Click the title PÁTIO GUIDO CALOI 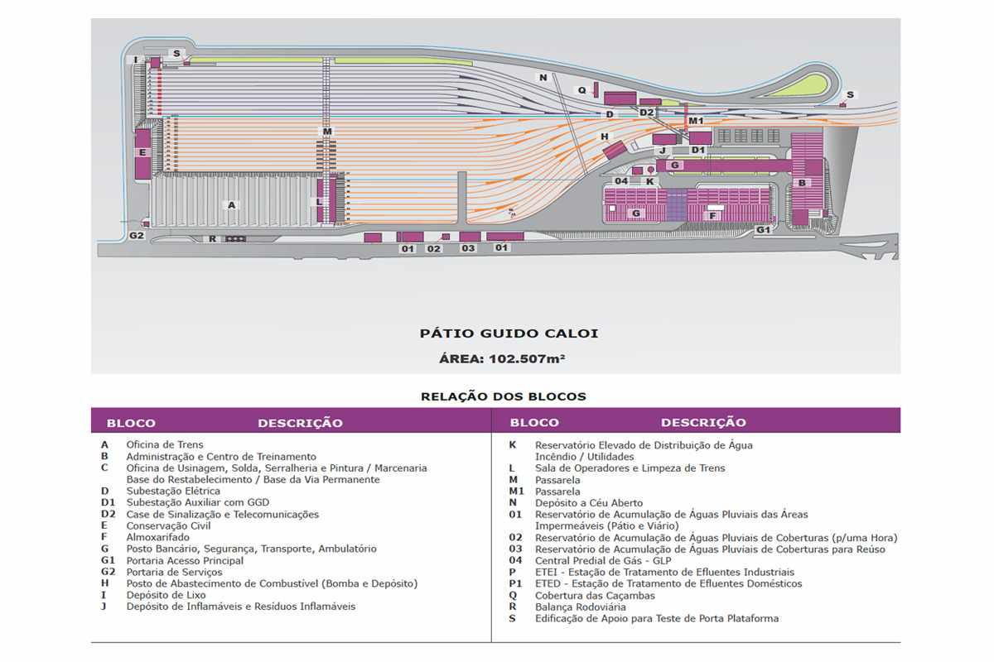pos(509,333)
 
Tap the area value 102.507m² pos(527,358)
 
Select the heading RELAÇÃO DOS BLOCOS pos(504,396)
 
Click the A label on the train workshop pos(232,205)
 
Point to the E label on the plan pos(142,152)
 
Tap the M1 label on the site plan pos(696,121)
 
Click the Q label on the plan pos(581,90)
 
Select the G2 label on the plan pos(136,236)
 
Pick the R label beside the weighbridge pos(213,239)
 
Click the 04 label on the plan pos(621,181)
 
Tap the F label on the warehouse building pos(712,216)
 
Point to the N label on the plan pos(543,78)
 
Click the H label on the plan pos(605,137)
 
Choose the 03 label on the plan pos(468,248)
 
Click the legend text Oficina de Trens pos(165,444)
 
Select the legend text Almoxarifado pos(157,537)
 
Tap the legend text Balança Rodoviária pos(581,607)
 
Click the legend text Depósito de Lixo pos(166,595)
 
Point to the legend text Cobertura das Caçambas pos(595,596)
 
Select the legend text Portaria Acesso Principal pos(185,560)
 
